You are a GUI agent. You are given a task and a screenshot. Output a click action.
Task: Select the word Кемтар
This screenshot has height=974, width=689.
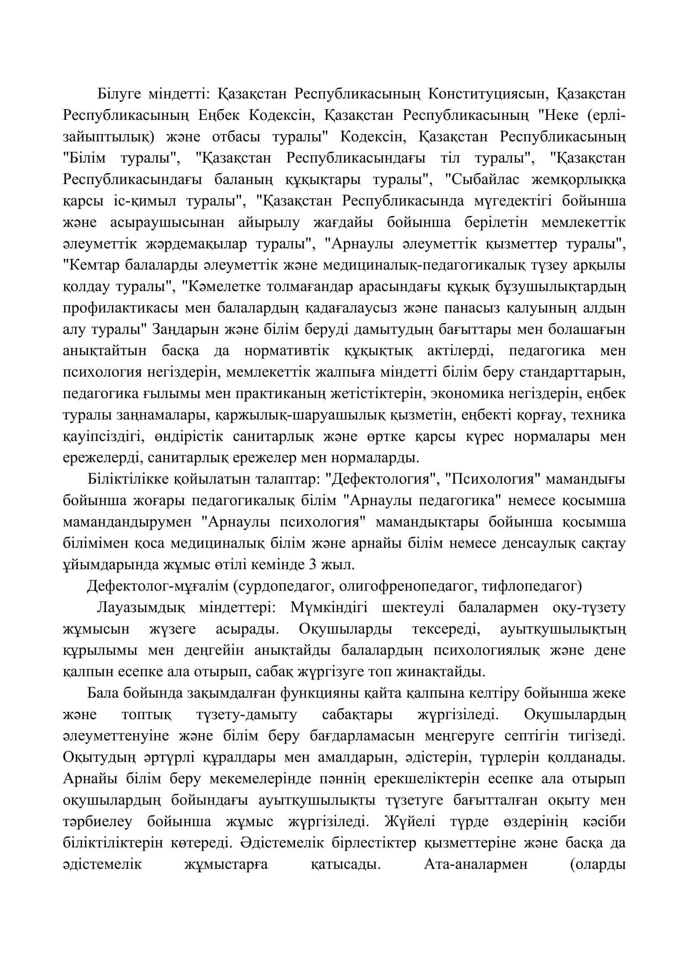[x=90, y=266]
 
